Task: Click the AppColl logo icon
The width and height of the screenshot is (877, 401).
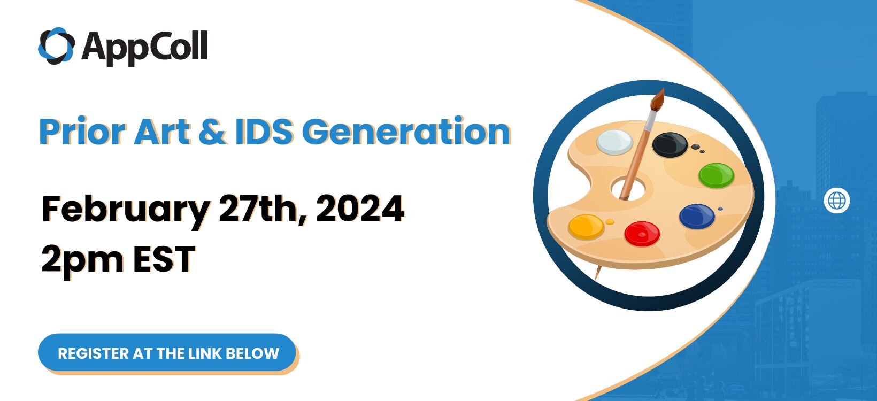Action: click(56, 46)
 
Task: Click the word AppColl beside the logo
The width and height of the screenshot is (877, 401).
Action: click(144, 48)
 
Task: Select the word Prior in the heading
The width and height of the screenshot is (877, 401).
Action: click(82, 132)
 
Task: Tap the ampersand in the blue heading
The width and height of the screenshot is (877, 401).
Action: click(212, 132)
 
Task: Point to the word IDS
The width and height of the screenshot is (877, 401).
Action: click(264, 132)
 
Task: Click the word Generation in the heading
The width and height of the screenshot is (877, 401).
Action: click(406, 132)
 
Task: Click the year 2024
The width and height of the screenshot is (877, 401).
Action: click(360, 209)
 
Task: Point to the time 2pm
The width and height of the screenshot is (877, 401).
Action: click(82, 260)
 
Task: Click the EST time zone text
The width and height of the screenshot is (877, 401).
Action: click(164, 258)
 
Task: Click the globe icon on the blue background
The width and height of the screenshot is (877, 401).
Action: click(837, 200)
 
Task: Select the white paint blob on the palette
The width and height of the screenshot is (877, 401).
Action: click(614, 142)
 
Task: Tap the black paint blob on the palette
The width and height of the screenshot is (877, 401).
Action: click(670, 145)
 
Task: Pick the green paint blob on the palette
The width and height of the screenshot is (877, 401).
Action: click(716, 175)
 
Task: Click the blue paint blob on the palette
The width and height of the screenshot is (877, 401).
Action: click(697, 216)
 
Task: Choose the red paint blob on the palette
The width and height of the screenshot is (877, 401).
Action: click(642, 234)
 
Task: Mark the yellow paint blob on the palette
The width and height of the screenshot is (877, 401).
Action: click(586, 227)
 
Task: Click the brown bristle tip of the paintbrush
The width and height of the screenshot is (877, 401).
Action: click(658, 99)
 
